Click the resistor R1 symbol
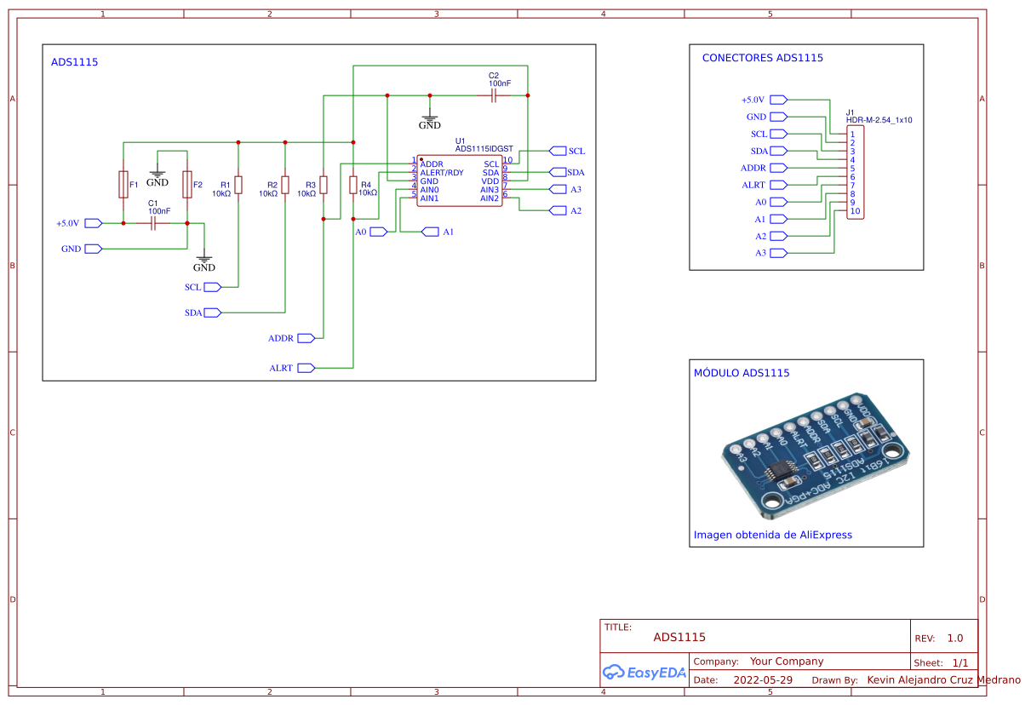coord(238,185)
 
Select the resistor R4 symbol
coord(353,185)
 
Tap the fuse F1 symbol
coord(123,184)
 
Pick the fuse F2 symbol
coord(187,184)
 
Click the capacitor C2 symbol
coord(494,95)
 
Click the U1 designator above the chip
coord(460,140)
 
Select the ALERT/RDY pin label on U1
coord(442,173)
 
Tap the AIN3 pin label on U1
coord(490,190)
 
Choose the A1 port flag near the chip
coord(431,232)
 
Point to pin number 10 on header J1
coord(855,211)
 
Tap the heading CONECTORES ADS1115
coord(762,59)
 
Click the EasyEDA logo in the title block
coord(644,673)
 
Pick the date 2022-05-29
coord(763,680)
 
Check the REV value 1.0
coord(954,638)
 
